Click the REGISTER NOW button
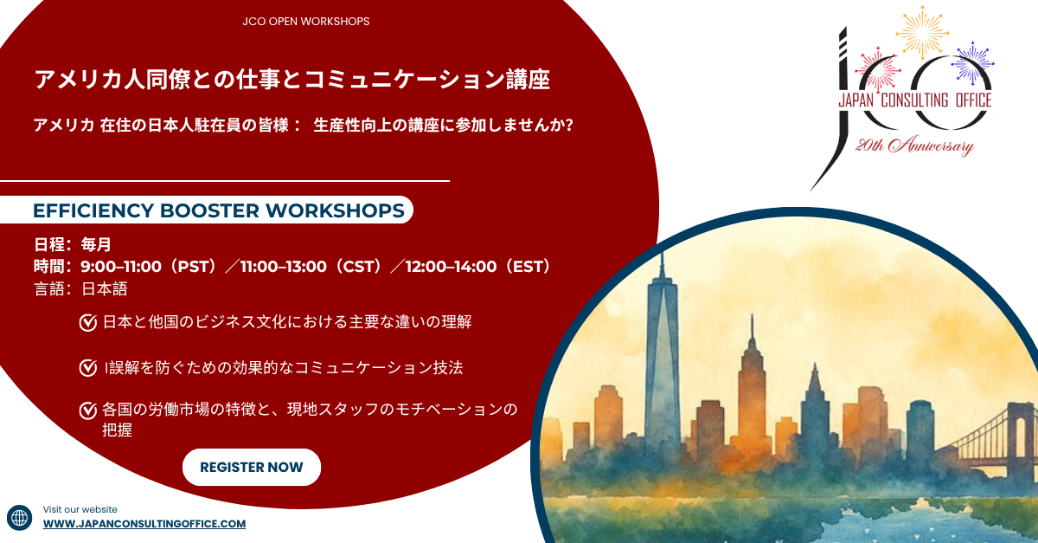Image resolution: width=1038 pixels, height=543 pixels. tap(251, 468)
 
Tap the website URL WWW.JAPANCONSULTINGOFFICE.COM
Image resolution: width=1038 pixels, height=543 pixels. tap(144, 524)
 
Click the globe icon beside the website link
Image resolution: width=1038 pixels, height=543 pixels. tap(19, 517)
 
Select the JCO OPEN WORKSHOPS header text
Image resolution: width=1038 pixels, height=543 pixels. tap(306, 22)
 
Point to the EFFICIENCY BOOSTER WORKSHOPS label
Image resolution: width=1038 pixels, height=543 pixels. tap(218, 210)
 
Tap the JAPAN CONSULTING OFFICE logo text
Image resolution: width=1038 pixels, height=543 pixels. tap(913, 101)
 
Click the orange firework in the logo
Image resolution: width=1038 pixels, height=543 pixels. tap(922, 29)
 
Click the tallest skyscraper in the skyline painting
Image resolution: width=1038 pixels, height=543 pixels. tap(662, 346)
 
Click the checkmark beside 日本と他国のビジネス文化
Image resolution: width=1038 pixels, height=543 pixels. tap(87, 323)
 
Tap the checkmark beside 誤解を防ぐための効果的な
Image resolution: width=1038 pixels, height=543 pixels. tap(87, 368)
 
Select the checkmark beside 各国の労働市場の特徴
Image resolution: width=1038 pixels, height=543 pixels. tap(87, 410)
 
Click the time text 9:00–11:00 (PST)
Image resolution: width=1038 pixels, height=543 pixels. tap(148, 267)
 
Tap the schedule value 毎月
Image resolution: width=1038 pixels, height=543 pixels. tap(96, 244)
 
